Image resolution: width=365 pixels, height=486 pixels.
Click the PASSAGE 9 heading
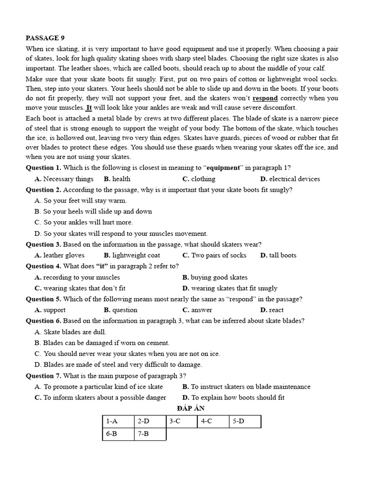43,38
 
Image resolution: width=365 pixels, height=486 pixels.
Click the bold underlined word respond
265,98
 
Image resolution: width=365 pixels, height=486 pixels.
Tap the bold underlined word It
88,107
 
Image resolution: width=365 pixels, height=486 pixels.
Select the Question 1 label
43,168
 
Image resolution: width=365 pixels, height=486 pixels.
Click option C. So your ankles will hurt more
84,222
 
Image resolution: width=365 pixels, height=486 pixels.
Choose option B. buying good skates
215,277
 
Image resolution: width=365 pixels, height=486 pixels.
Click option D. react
272,310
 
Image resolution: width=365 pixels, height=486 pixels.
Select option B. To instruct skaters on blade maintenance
246,387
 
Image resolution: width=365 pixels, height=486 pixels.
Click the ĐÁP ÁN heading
182,408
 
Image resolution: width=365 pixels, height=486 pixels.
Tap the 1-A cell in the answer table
118,421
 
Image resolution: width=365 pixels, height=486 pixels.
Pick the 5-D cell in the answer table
245,421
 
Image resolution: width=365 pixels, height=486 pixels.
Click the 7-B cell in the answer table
150,434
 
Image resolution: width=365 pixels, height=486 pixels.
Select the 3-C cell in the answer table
182,421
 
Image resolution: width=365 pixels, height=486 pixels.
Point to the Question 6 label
43,321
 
